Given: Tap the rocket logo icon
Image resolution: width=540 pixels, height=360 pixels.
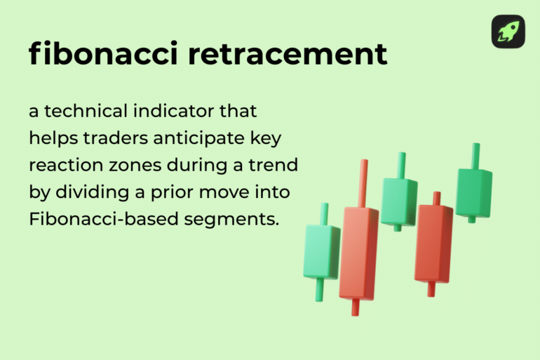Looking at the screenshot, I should [508, 32].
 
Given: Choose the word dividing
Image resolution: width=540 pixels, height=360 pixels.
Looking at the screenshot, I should [93, 192].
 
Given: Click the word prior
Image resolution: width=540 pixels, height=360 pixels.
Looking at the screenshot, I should [173, 192].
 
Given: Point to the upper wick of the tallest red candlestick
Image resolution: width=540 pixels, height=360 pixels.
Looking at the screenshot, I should [363, 182].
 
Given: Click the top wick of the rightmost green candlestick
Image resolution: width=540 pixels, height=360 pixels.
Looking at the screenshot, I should [475, 156].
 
